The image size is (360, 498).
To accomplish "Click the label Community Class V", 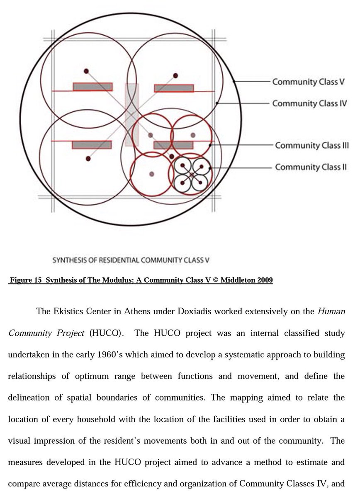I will (308, 82).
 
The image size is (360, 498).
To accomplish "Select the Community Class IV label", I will (309, 103).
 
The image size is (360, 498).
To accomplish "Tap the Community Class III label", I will (311, 146).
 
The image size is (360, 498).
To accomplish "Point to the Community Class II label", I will (311, 167).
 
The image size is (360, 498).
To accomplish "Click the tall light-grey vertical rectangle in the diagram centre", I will (132, 115).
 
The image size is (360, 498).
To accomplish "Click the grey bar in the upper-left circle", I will (92, 87).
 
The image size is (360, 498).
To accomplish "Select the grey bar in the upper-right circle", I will (174, 88).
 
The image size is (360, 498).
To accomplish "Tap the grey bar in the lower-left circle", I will (92, 145).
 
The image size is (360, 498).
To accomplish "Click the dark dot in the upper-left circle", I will (86, 71).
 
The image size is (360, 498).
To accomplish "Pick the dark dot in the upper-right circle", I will (175, 76).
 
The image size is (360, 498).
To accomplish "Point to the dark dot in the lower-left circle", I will (88, 159).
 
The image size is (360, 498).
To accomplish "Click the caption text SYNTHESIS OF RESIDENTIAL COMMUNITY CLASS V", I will (131, 261).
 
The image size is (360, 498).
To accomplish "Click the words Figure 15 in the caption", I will (26, 280).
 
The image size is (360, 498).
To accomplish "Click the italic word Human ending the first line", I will (331, 311).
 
